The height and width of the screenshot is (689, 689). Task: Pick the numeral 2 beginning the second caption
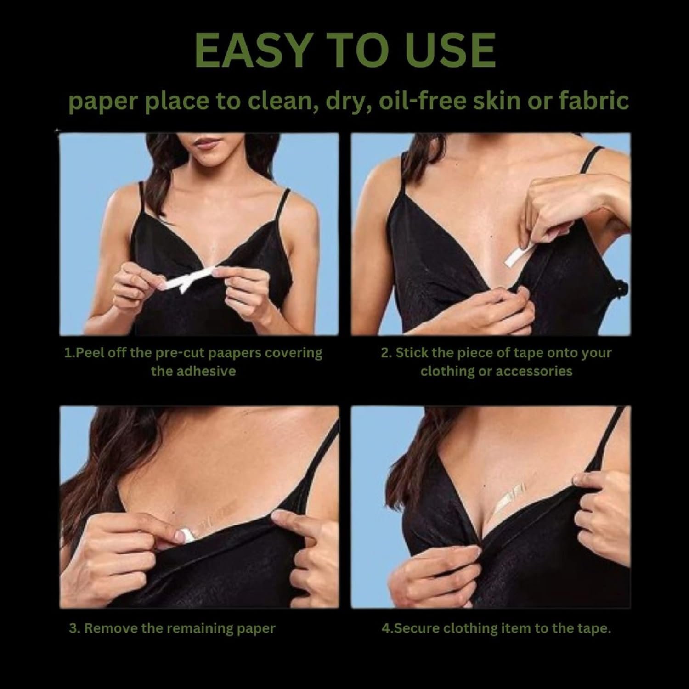pos(384,354)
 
